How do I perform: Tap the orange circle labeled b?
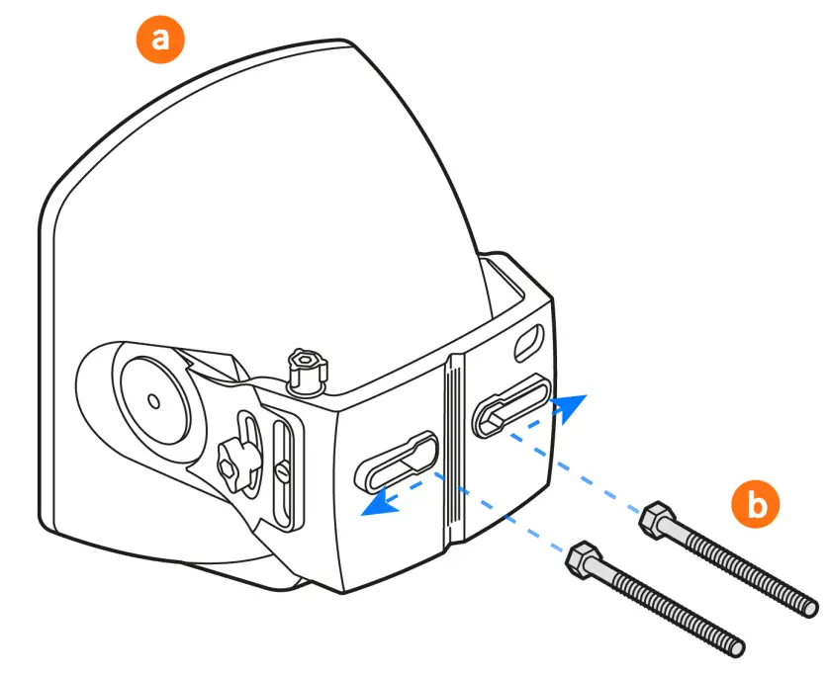point(756,505)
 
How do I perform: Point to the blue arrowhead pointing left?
point(375,505)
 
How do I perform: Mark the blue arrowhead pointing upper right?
point(571,405)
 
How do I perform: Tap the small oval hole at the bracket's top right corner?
point(529,340)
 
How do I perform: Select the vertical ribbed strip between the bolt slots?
point(454,445)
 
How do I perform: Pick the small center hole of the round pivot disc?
point(152,400)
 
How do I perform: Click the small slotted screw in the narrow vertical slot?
point(282,473)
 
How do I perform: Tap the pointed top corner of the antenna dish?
point(345,42)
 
